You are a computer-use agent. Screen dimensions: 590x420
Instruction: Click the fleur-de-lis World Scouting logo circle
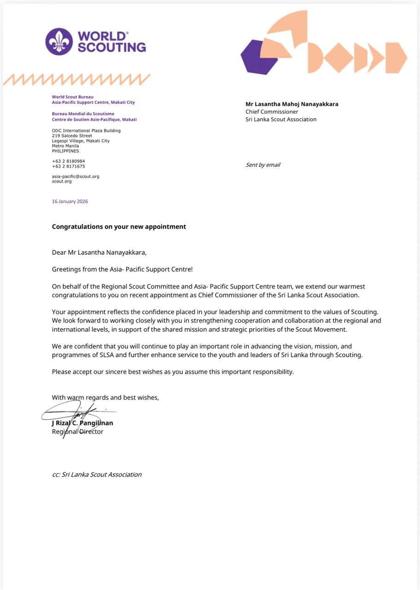(59, 41)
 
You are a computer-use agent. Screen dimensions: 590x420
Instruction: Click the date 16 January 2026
(70, 201)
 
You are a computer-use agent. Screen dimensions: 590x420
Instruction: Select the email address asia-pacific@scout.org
(76, 177)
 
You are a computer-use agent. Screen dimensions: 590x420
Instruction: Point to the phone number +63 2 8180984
(69, 161)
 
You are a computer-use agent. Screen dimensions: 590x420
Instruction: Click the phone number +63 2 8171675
(69, 166)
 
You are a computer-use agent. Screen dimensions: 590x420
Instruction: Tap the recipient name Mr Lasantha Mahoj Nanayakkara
(292, 104)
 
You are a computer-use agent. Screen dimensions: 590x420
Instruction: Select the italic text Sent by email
(263, 165)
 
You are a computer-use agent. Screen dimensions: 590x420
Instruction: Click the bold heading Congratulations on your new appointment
(119, 227)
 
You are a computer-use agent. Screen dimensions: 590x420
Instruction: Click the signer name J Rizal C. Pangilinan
(83, 423)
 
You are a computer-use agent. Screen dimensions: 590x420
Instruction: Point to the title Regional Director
(77, 432)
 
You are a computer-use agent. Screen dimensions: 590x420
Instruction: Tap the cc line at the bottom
(97, 475)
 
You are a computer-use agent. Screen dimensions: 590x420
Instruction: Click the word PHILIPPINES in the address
(65, 151)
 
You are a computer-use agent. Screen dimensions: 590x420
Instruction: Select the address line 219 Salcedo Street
(72, 136)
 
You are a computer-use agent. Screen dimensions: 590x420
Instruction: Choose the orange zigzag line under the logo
(76, 80)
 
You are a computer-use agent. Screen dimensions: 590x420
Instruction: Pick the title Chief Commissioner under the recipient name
(272, 112)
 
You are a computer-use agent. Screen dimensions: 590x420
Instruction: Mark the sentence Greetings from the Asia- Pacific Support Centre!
(126, 269)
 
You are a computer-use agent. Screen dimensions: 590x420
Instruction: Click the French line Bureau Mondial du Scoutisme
(83, 114)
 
